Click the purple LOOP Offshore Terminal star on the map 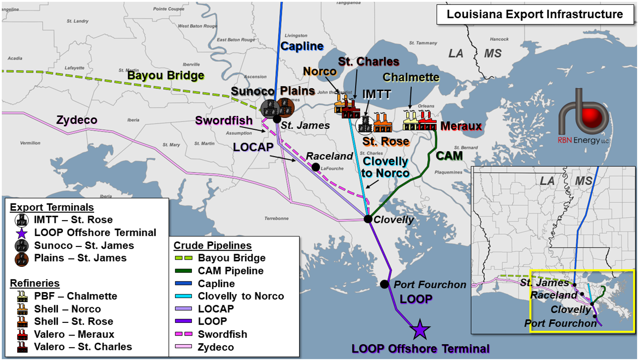(x=419, y=330)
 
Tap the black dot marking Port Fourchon (x=384, y=284)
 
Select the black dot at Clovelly (x=368, y=219)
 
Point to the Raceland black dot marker (x=315, y=167)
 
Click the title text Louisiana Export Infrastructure (x=534, y=14)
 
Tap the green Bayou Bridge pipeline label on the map (x=165, y=76)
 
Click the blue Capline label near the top (x=302, y=46)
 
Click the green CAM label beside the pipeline (x=449, y=156)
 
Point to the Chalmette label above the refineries (x=411, y=77)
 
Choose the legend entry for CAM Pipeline (x=230, y=271)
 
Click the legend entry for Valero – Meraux (x=75, y=334)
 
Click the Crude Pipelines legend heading (x=212, y=246)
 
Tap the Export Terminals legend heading (x=52, y=208)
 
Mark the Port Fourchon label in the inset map (x=560, y=323)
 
